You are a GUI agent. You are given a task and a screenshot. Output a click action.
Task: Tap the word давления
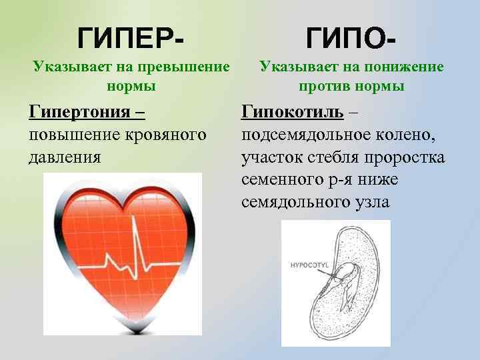(65, 157)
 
